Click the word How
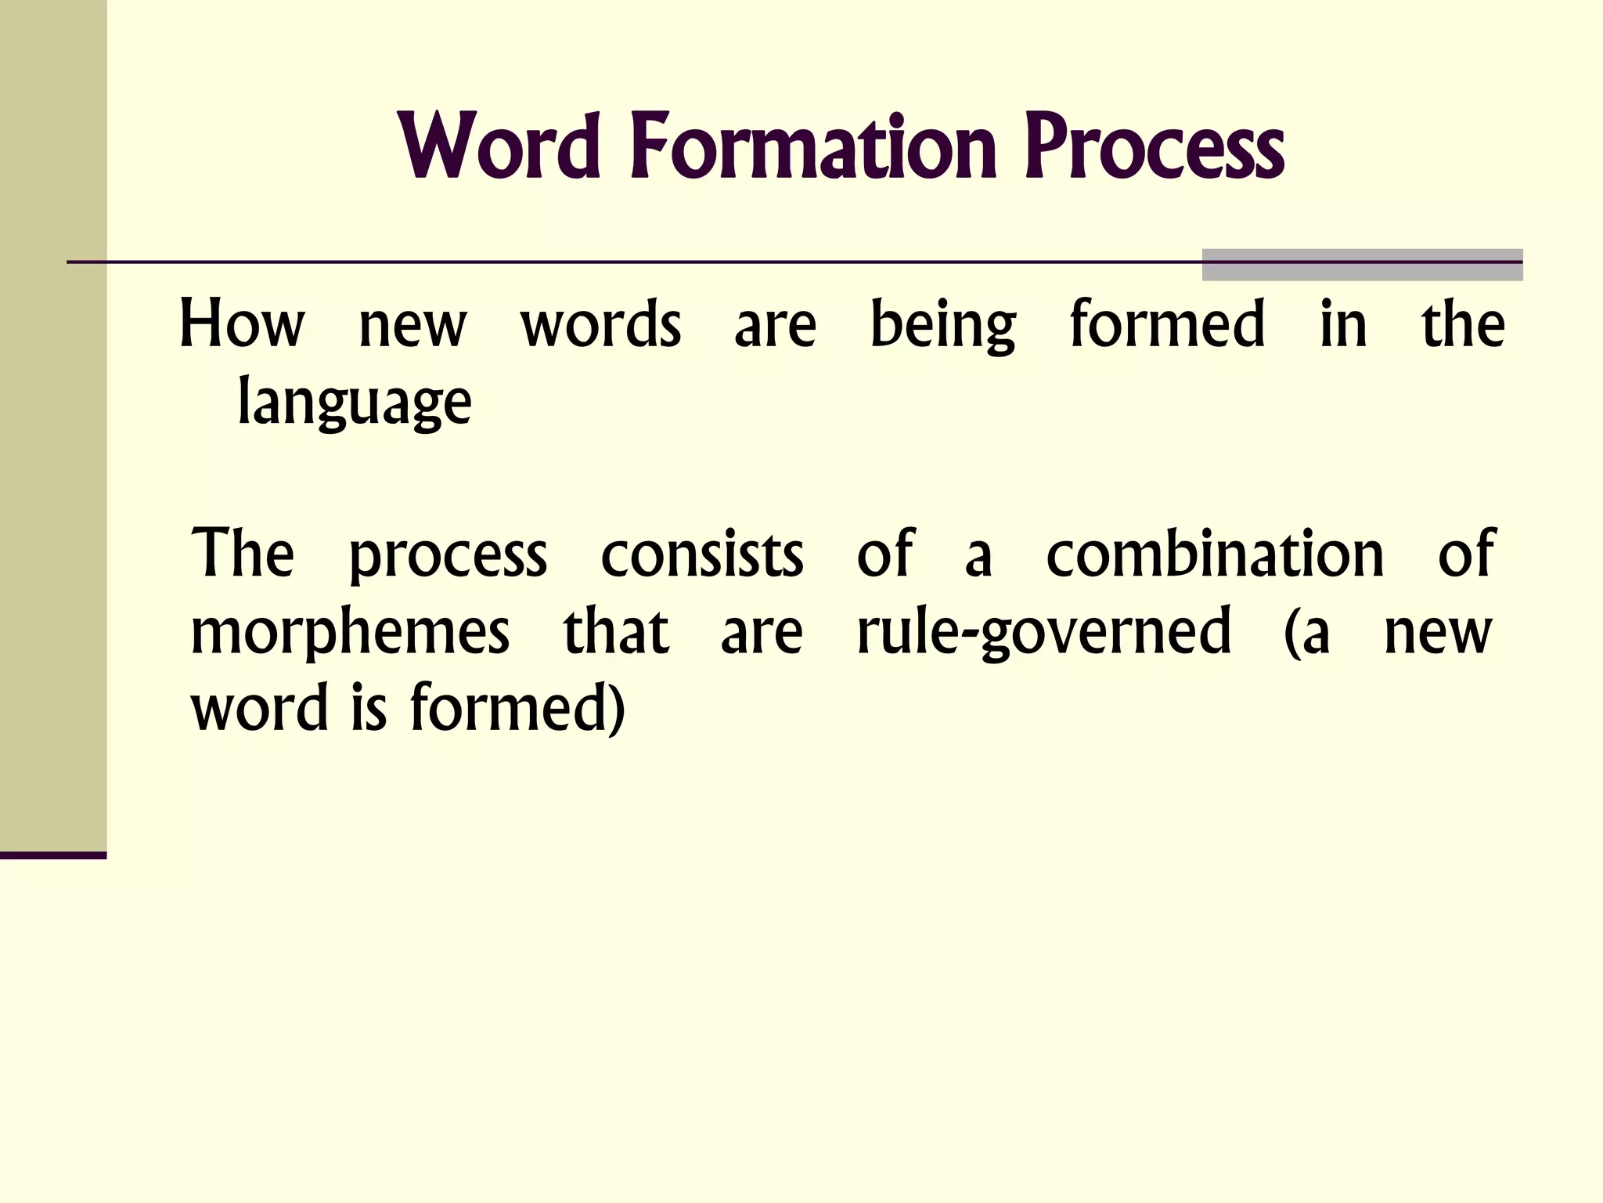pyautogui.click(x=241, y=325)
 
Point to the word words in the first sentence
pyautogui.click(x=600, y=325)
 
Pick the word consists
pyautogui.click(x=702, y=555)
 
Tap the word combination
pyautogui.click(x=1215, y=555)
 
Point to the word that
pyautogui.click(x=616, y=631)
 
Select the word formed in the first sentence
pyautogui.click(x=1167, y=323)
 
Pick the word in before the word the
pyautogui.click(x=1343, y=323)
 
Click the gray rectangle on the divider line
pyautogui.click(x=1362, y=265)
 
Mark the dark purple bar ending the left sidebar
pyautogui.click(x=53, y=855)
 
